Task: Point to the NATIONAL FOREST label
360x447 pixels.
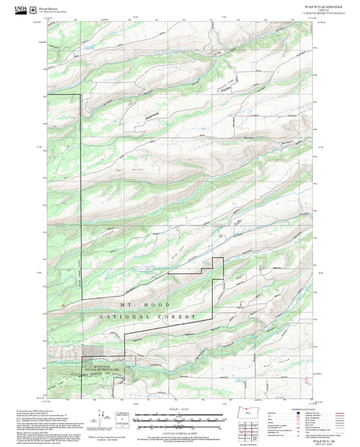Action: [x=148, y=316]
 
